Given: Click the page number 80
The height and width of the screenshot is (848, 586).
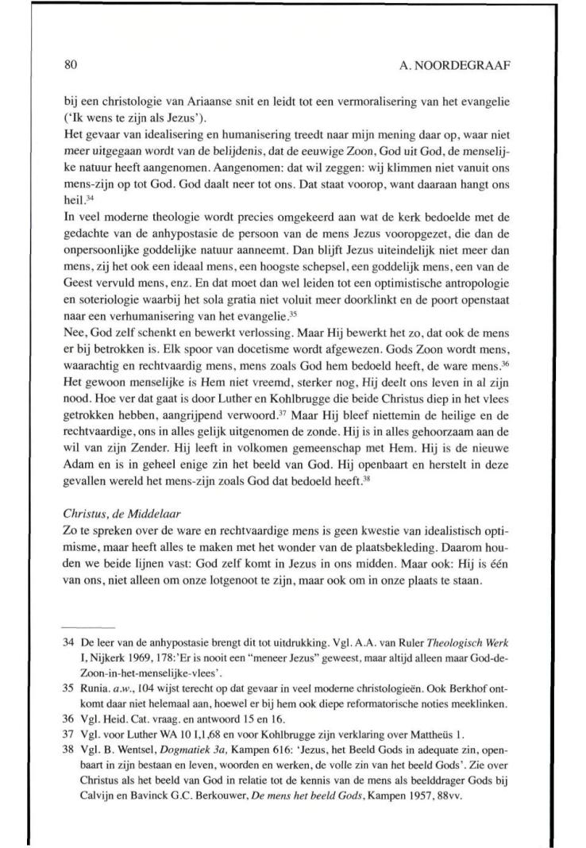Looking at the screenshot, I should [70, 67].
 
